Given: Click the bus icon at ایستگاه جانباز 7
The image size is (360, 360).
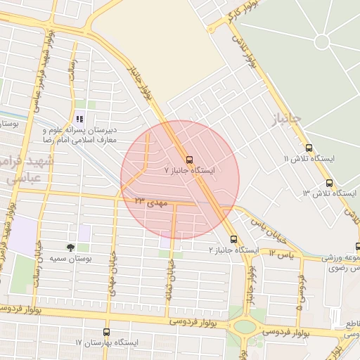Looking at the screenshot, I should point(188,158).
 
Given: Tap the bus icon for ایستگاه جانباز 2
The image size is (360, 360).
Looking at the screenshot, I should point(233,239).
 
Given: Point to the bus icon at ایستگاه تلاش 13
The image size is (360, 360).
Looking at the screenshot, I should point(328,181).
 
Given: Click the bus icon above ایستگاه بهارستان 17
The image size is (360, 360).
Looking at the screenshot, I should point(107,331).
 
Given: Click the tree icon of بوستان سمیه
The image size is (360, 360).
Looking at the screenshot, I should point(71,247).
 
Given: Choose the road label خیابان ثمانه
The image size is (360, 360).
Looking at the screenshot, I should point(169,281).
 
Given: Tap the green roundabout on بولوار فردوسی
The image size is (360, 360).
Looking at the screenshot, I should point(245,326).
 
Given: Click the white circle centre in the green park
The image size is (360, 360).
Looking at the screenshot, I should point(322,41).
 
